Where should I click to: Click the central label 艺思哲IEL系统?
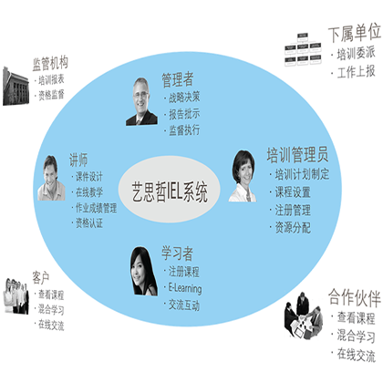coord(170,191)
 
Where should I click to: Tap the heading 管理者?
coord(178,79)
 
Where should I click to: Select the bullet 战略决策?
coord(184,98)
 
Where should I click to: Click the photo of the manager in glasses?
coord(141,101)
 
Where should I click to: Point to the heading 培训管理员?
coord(297,154)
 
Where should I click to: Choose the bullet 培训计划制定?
coord(302,174)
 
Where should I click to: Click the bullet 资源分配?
coord(293,227)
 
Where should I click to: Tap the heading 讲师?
coord(78,160)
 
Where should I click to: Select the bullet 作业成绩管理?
coord(96,208)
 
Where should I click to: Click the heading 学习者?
coord(177,254)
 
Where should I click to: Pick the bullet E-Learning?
coord(185,288)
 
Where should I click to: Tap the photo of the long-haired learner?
coord(143,271)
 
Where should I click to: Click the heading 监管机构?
coord(50,63)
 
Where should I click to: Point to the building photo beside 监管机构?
coord(16,86)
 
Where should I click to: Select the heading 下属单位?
coord(355,33)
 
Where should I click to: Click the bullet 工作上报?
coord(356,72)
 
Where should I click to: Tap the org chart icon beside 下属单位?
coord(303,48)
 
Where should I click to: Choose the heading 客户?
coord(41,277)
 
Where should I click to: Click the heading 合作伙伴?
coord(355,297)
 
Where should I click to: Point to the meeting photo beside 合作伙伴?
coord(304,316)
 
